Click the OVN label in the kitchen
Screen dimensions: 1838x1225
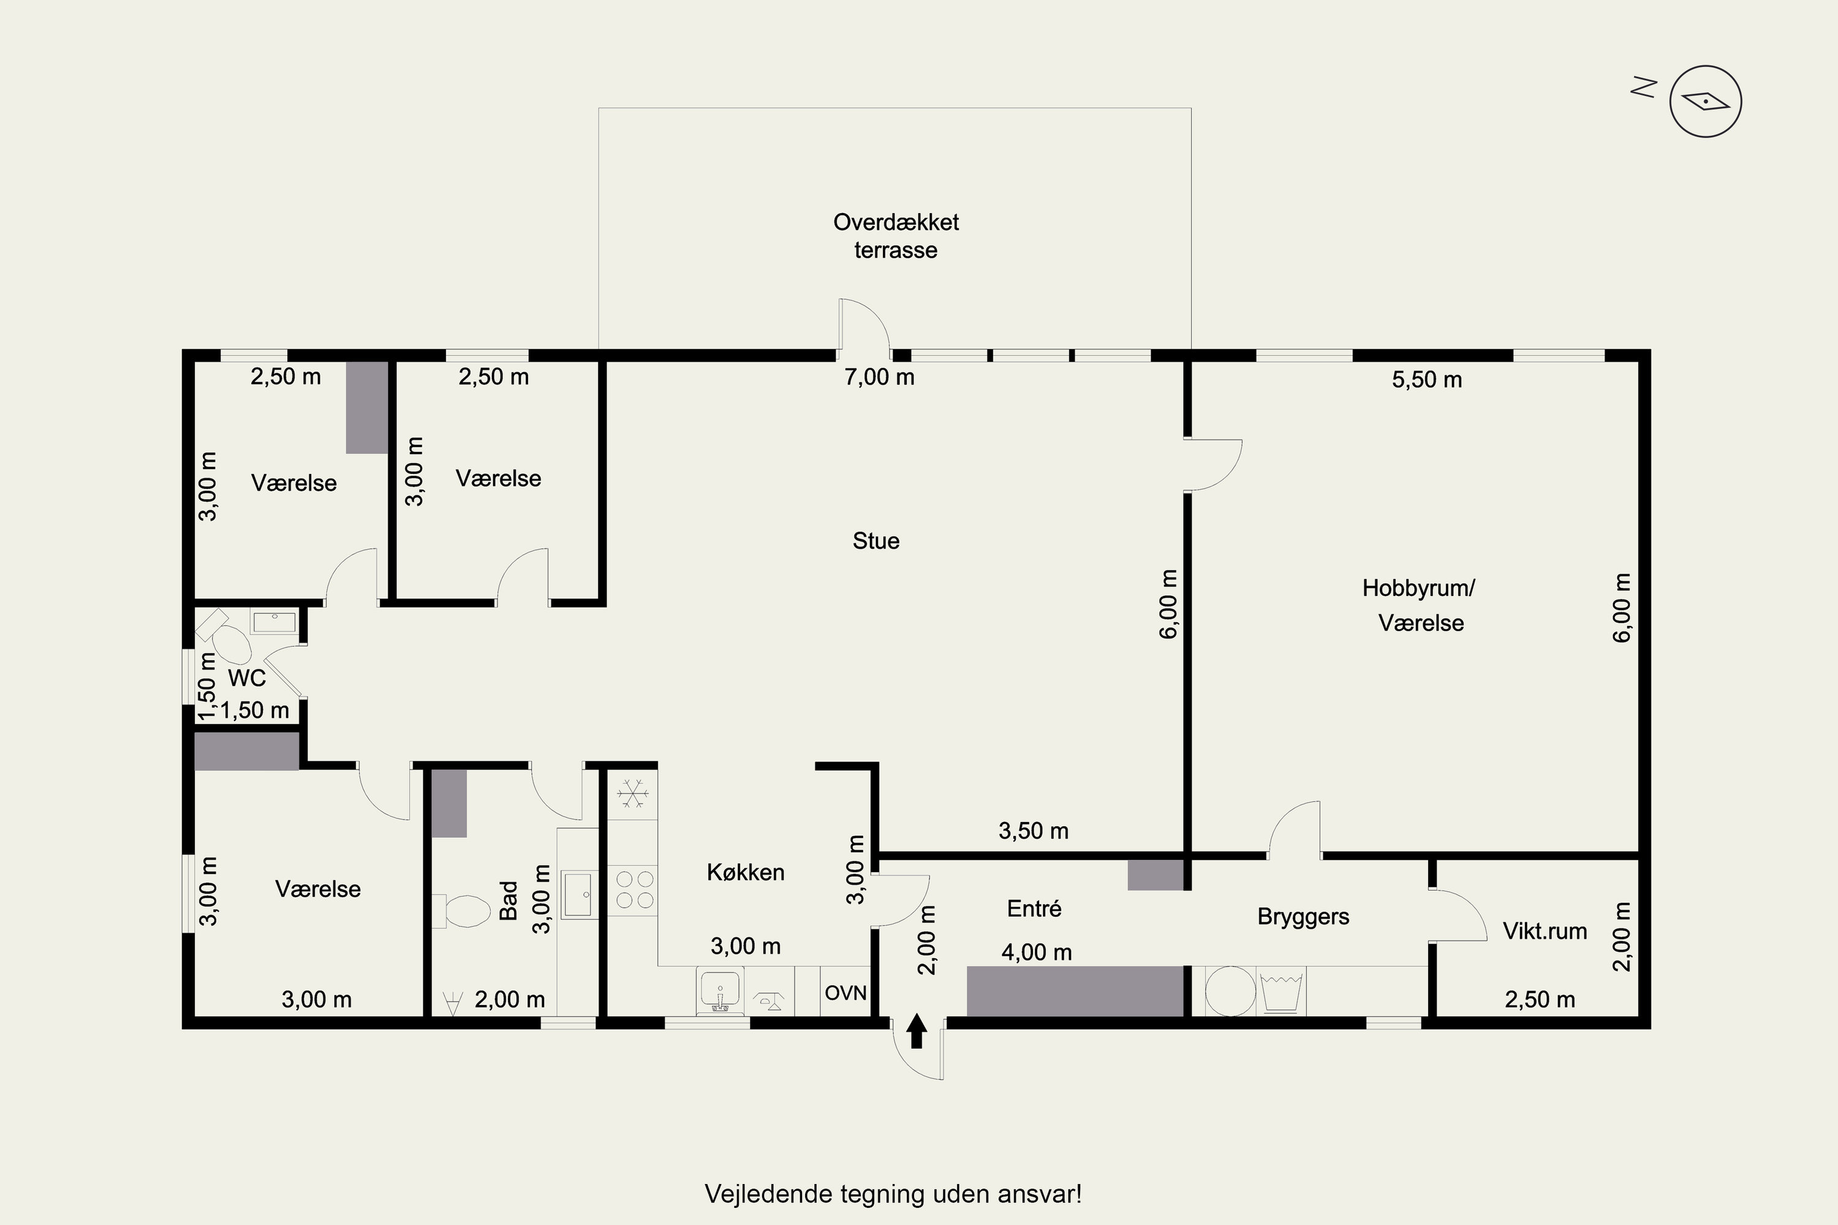(x=845, y=992)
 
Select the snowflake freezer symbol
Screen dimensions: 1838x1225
(x=633, y=794)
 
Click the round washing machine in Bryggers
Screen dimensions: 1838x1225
(x=1230, y=992)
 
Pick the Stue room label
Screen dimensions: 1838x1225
(x=876, y=541)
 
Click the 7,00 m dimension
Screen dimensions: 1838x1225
(x=879, y=377)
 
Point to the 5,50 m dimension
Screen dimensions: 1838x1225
(x=1427, y=380)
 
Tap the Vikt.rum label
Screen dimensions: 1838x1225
(x=1545, y=930)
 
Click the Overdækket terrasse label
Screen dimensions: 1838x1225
(x=896, y=236)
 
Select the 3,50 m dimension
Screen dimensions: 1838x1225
(x=1033, y=831)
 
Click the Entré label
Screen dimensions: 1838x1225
(x=1034, y=908)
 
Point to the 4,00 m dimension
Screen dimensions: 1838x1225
(x=1036, y=952)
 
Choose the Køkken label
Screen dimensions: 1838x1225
(x=746, y=872)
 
